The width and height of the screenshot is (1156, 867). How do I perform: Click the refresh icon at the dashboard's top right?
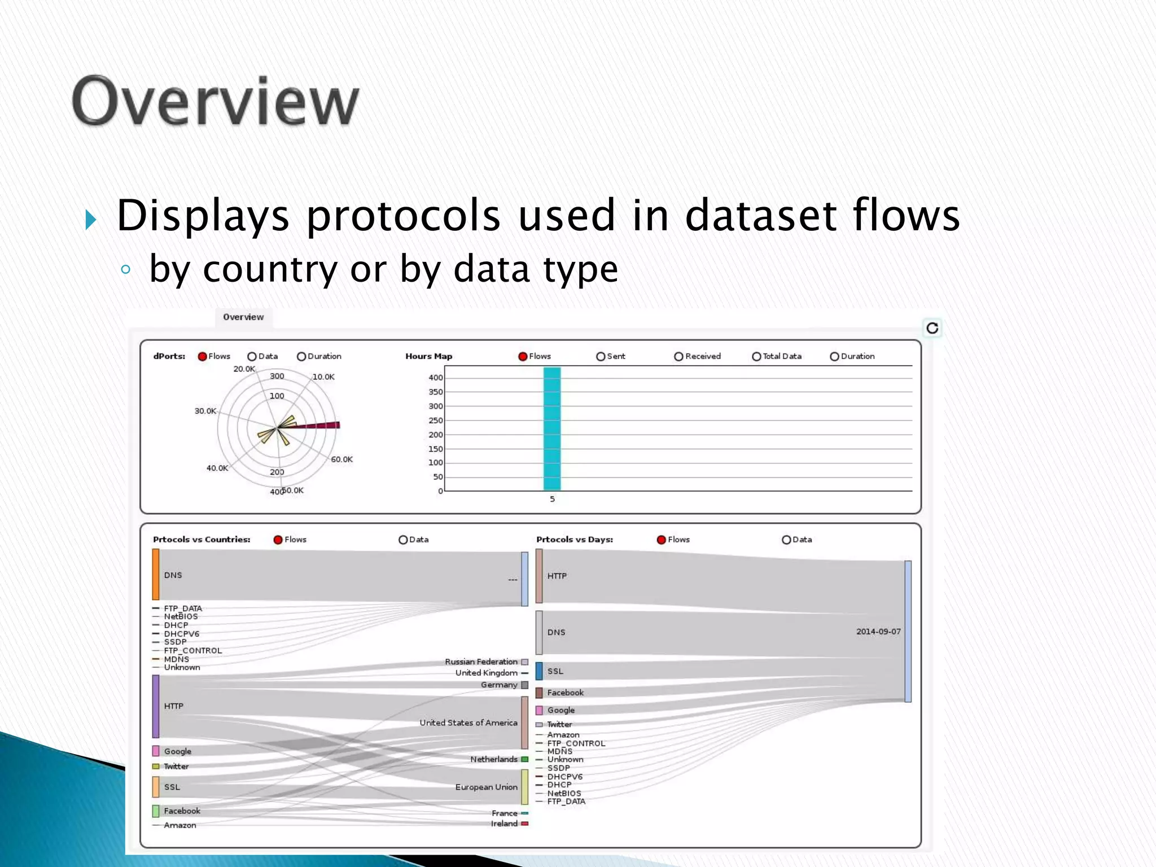pyautogui.click(x=932, y=328)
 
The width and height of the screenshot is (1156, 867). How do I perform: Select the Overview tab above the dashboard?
pyautogui.click(x=243, y=317)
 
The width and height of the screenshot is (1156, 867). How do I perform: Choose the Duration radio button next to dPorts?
pyautogui.click(x=301, y=357)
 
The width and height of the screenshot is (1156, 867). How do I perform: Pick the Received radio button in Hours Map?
pyautogui.click(x=678, y=357)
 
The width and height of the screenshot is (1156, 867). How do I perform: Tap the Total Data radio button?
pyautogui.click(x=756, y=357)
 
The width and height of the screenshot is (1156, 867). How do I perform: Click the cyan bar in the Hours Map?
pyautogui.click(x=552, y=429)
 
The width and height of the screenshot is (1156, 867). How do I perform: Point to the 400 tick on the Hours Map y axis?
pyautogui.click(x=436, y=378)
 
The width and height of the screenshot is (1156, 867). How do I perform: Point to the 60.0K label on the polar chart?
pyautogui.click(x=341, y=459)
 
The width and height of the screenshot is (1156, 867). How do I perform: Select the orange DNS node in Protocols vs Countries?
pyautogui.click(x=156, y=575)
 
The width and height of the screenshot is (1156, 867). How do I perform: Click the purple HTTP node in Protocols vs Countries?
pyautogui.click(x=156, y=706)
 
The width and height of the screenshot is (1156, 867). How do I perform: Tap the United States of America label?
pyautogui.click(x=468, y=722)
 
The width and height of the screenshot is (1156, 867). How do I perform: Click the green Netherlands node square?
pyautogui.click(x=525, y=760)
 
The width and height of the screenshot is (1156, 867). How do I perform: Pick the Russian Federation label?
pyautogui.click(x=481, y=662)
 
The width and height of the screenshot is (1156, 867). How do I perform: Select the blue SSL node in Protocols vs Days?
pyautogui.click(x=539, y=671)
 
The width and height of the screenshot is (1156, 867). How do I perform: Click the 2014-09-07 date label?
pyautogui.click(x=878, y=632)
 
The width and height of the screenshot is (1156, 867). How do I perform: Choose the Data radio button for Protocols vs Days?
pyautogui.click(x=786, y=540)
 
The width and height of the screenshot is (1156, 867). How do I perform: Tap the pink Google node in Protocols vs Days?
pyautogui.click(x=539, y=710)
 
